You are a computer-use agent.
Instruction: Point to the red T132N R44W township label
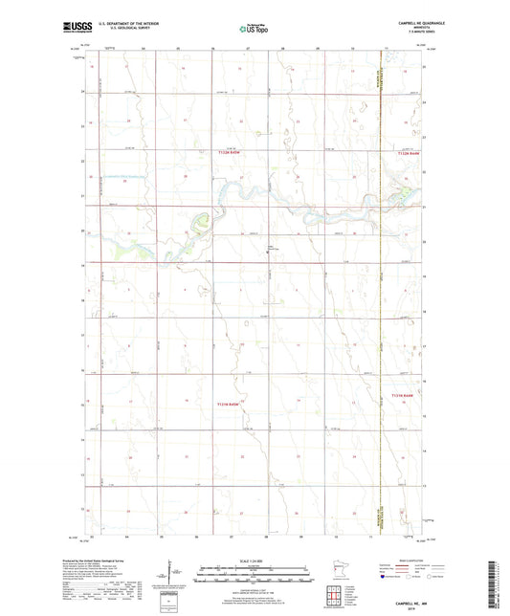(x=407, y=151)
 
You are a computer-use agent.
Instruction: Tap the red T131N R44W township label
(x=405, y=394)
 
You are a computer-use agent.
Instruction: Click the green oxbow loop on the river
(x=200, y=225)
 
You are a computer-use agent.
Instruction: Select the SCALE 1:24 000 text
(x=255, y=560)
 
